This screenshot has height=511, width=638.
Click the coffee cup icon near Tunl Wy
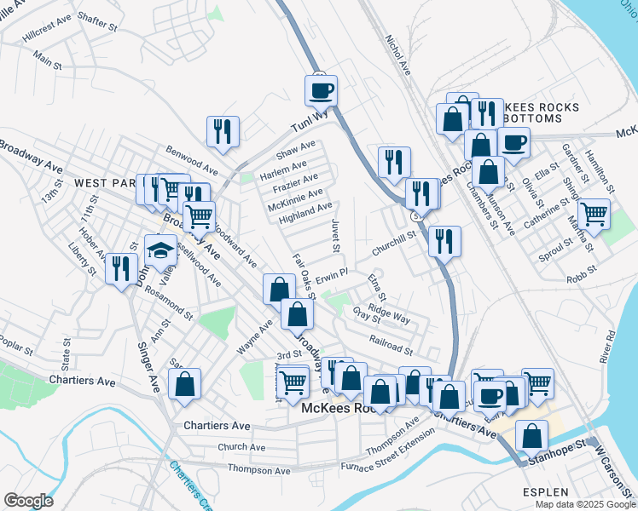pyautogui.click(x=322, y=89)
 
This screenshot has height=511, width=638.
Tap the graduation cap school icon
pyautogui.click(x=159, y=250)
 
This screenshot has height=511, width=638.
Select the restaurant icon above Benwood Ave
pyautogui.click(x=223, y=131)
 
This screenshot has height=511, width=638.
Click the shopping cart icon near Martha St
pyautogui.click(x=594, y=212)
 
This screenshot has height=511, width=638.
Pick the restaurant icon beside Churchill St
pyautogui.click(x=444, y=241)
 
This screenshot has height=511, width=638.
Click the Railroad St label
pyautogui.click(x=391, y=344)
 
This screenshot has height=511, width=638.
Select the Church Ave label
pyautogui.click(x=241, y=446)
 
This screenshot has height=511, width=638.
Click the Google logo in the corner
pyautogui.click(x=28, y=501)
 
